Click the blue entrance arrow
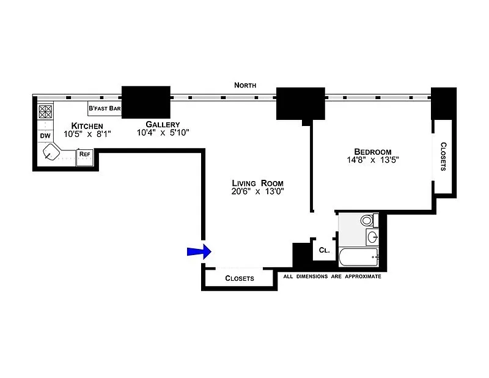[200, 251]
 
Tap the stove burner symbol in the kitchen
[45, 111]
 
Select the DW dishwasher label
[45, 136]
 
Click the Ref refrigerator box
[84, 157]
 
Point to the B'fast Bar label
[105, 108]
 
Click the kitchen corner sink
[51, 152]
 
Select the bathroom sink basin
[372, 237]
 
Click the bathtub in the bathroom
[358, 257]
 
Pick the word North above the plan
[245, 85]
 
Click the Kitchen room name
[87, 126]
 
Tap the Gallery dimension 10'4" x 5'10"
[163, 133]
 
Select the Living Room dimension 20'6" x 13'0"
[257, 191]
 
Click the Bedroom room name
[373, 152]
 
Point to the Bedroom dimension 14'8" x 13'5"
[373, 160]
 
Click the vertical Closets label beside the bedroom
[443, 157]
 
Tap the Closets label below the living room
[240, 278]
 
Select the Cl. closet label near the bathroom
[325, 250]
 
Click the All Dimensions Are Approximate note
[332, 276]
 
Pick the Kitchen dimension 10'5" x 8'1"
[87, 134]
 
